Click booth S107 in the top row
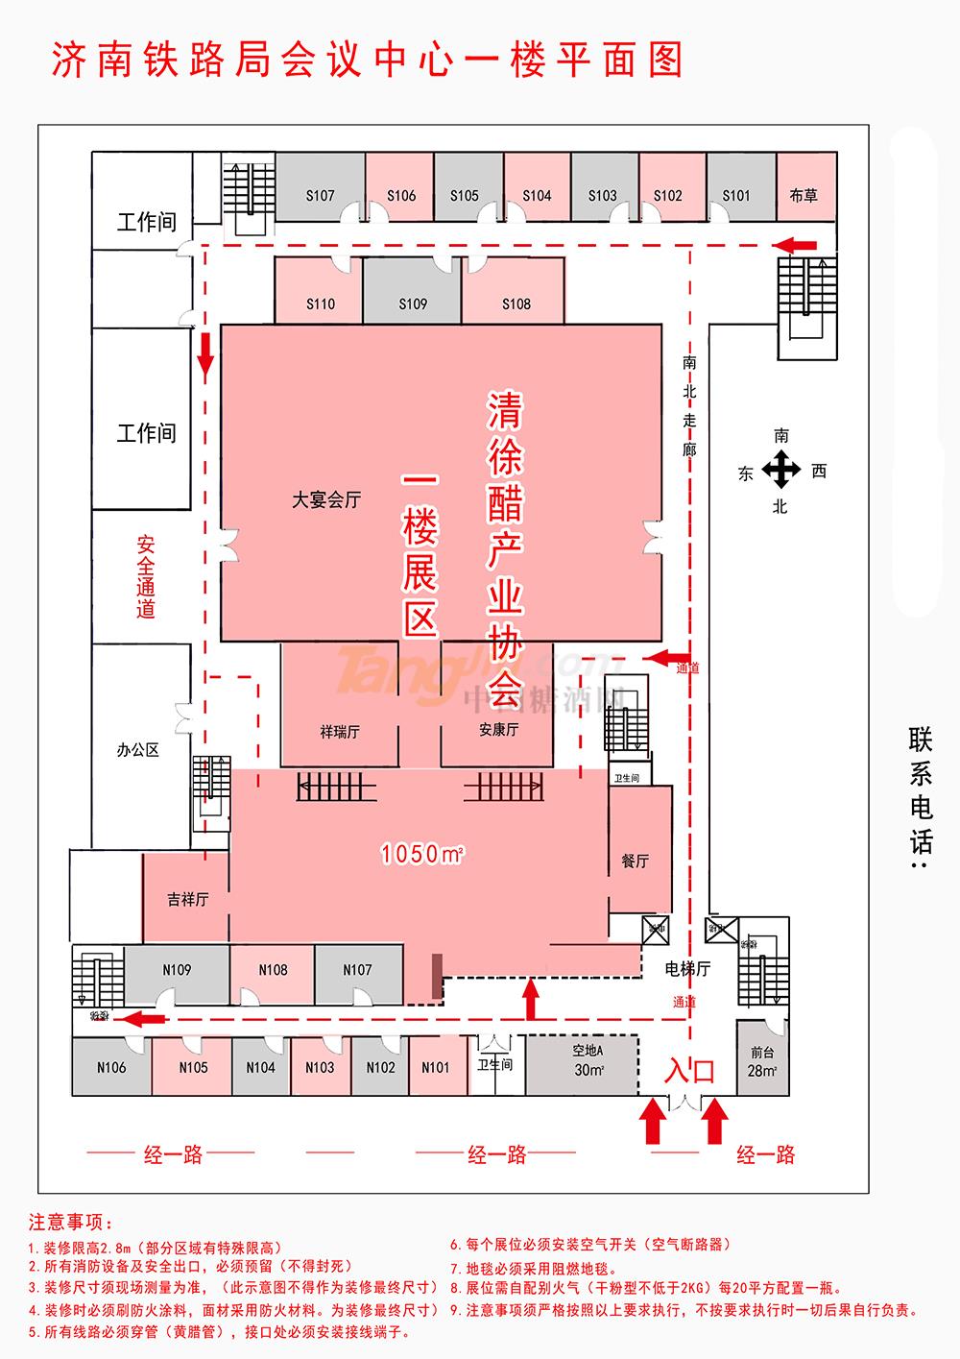point(320,196)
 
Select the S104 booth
point(537,196)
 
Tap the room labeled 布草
point(804,196)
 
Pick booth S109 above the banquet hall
point(413,303)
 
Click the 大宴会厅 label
point(327,500)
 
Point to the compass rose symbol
point(781,471)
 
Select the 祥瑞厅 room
point(340,731)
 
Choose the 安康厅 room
point(498,730)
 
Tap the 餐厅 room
point(636,861)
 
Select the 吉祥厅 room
point(187,900)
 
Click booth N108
point(273,970)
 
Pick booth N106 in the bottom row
point(111,1067)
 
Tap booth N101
point(435,1067)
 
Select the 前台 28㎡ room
point(761,1060)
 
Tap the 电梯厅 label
point(687,970)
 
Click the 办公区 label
point(137,750)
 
